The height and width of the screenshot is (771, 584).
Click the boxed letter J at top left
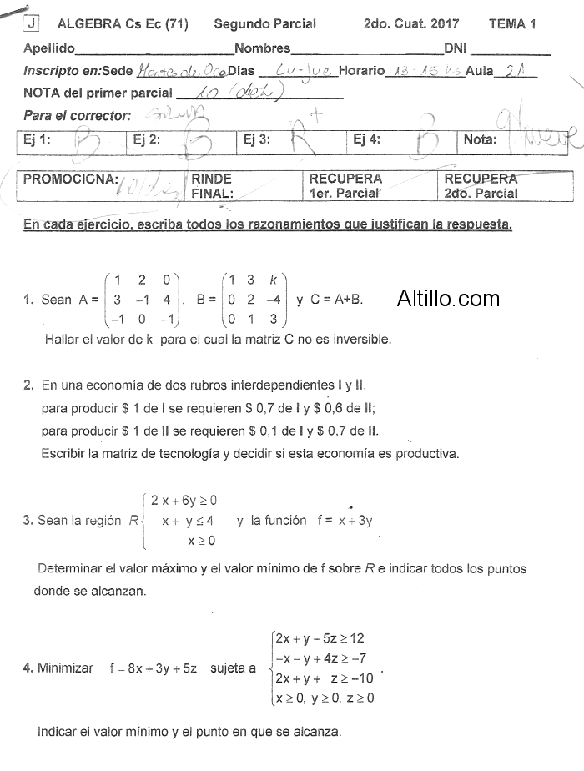click(x=31, y=23)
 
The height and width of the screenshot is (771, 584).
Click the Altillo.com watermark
click(x=448, y=298)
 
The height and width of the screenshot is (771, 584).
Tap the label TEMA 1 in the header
click(x=511, y=24)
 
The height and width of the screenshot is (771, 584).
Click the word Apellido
click(x=49, y=48)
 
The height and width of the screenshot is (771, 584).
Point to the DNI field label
click(x=456, y=48)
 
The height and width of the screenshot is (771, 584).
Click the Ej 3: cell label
click(x=257, y=140)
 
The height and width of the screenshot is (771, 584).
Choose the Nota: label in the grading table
click(x=480, y=140)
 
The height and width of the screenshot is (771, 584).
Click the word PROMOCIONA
click(x=71, y=179)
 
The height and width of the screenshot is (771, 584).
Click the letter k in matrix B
click(x=274, y=280)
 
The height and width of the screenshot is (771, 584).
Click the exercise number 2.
click(x=28, y=385)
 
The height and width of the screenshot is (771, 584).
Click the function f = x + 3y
click(x=345, y=520)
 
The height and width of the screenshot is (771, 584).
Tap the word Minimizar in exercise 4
click(x=65, y=668)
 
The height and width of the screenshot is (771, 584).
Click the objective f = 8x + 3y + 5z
click(x=153, y=668)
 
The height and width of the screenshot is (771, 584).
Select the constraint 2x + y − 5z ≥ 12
click(x=320, y=638)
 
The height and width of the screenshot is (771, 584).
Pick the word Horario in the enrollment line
click(x=362, y=71)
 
